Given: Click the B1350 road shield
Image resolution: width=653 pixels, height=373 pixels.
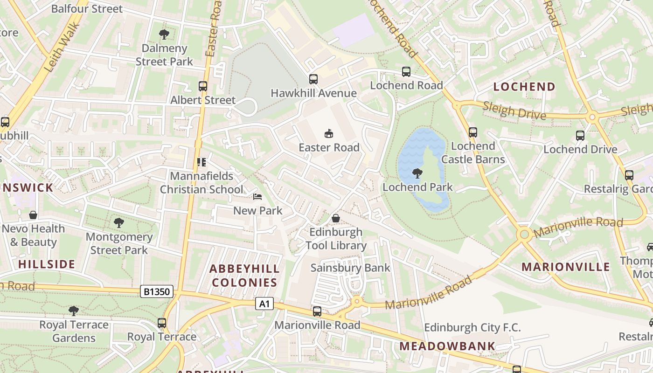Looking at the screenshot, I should pos(157,292).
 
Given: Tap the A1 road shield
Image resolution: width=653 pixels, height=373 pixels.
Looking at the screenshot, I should pos(264,304).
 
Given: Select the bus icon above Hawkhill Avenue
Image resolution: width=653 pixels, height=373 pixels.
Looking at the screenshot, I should pos(313,79).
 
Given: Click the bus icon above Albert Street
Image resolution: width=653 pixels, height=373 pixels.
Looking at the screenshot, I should pos(202,86).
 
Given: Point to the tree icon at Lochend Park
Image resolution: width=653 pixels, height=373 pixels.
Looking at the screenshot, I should pos(417,174).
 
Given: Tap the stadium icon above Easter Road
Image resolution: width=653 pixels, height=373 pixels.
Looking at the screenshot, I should pos(329,134).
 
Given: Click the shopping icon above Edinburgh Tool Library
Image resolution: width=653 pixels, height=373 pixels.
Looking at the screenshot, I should pos(335,218).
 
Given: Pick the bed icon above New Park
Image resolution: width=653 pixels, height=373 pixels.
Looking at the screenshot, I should pos(257,197).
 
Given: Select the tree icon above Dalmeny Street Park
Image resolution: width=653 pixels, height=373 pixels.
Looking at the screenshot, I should pos(164,35).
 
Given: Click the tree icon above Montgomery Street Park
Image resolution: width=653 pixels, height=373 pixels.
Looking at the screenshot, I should pos(119,223).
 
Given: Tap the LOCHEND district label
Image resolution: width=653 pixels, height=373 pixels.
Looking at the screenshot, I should pos(524,87).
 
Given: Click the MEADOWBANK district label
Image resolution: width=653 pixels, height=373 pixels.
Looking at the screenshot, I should pos(447,346).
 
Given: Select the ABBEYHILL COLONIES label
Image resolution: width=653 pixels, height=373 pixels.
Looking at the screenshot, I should pos(244,276).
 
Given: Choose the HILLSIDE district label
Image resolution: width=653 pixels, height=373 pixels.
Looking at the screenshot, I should pos(47,264).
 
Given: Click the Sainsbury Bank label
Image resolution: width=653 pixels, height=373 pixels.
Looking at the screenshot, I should pos(350,268).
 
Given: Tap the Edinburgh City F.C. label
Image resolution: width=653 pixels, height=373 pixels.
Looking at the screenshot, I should pos(472,327).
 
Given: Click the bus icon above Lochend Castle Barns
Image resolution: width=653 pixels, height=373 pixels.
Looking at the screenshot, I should pos(473,132).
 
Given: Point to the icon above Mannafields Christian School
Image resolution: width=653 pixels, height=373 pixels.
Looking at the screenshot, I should pos(201,162).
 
